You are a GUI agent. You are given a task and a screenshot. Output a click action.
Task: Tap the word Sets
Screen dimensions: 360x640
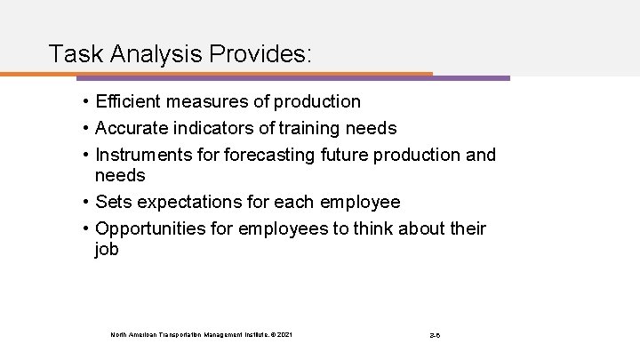pyautogui.click(x=113, y=202)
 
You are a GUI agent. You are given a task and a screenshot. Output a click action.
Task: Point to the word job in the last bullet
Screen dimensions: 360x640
pyautogui.click(x=107, y=250)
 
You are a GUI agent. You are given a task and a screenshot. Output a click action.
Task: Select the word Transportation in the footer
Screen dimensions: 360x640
pyautogui.click(x=181, y=334)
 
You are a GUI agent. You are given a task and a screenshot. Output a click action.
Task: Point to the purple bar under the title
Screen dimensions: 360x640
pyautogui.click(x=471, y=77)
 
